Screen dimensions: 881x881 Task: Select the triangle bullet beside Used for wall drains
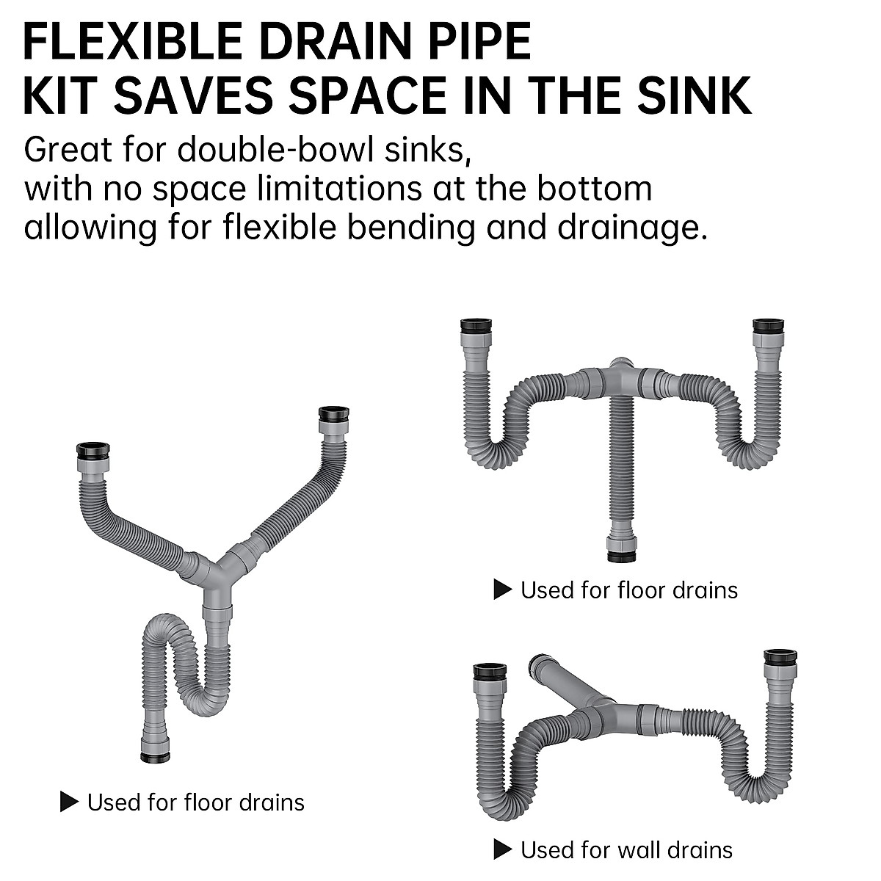point(502,849)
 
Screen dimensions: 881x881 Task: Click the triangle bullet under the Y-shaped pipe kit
point(69,802)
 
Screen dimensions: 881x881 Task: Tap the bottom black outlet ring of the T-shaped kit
point(621,556)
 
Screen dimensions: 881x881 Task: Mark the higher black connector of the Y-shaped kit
point(334,413)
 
